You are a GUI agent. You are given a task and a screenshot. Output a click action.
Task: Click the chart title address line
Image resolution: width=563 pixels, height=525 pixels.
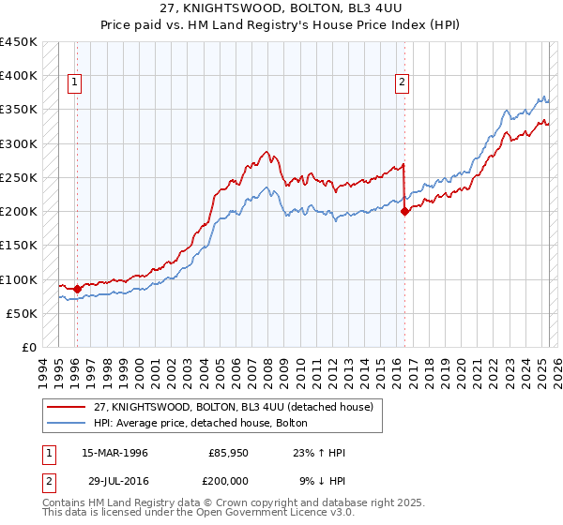(x=281, y=8)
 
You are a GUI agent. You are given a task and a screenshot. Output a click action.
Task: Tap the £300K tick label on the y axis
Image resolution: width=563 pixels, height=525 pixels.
(x=19, y=144)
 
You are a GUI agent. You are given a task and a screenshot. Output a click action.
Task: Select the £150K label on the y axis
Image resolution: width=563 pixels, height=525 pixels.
(x=19, y=246)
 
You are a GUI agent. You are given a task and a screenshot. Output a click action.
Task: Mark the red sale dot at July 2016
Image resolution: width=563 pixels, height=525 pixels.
(x=405, y=212)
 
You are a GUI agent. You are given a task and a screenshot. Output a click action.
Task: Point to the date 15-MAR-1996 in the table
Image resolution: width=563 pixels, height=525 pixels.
(x=114, y=454)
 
